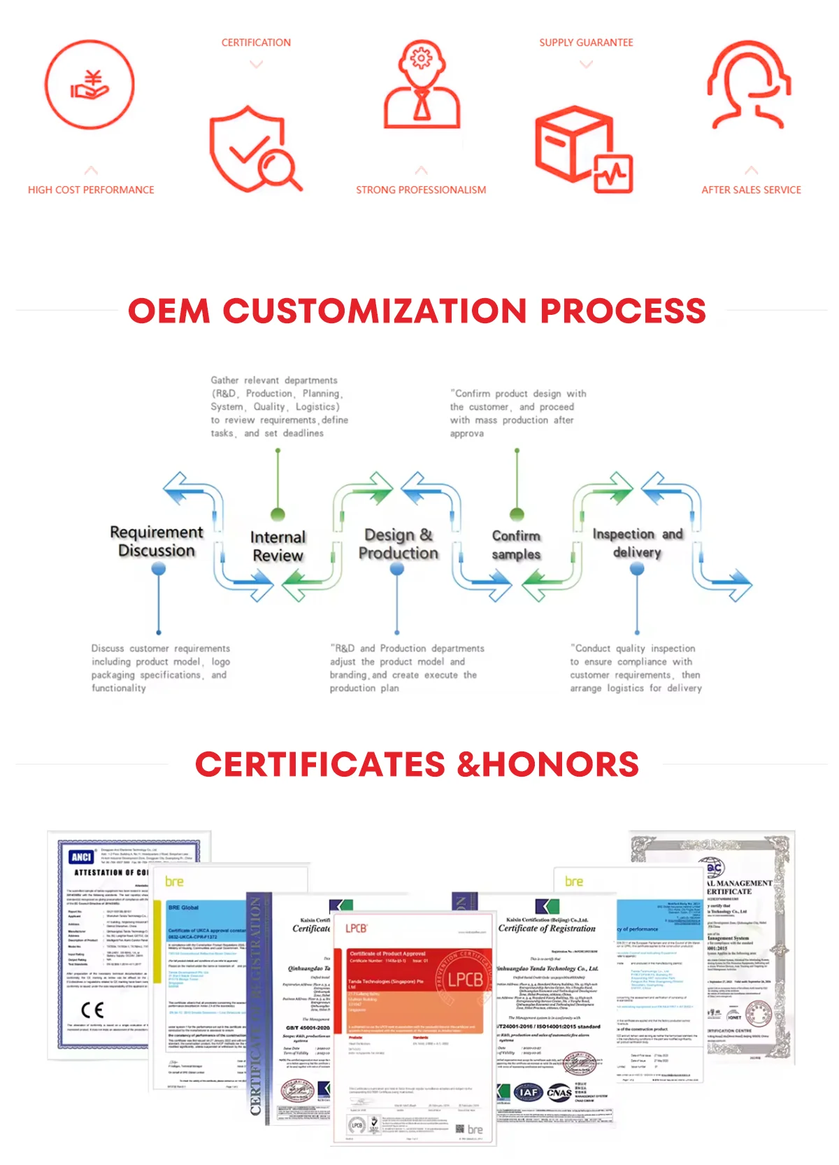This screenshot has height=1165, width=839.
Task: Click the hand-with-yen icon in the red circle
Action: point(89,85)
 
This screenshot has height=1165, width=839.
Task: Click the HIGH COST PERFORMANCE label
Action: point(91,190)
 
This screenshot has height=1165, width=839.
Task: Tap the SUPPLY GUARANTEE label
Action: point(586,43)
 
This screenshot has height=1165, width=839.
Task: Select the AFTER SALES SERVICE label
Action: point(751,190)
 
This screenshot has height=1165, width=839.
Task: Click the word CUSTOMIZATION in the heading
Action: point(375,311)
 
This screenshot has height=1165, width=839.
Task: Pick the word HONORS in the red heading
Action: point(560,764)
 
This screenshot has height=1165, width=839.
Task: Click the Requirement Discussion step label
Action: point(157,542)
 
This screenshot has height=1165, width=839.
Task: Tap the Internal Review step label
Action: point(278,546)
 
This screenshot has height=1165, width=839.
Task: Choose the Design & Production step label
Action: point(398,544)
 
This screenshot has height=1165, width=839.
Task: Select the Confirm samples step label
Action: point(516,544)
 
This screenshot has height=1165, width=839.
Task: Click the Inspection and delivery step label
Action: point(637,542)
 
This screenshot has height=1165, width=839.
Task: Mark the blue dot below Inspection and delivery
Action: point(637,570)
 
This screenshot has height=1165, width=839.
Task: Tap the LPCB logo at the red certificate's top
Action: point(356,928)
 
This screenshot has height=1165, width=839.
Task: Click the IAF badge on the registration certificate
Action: point(529,1092)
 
